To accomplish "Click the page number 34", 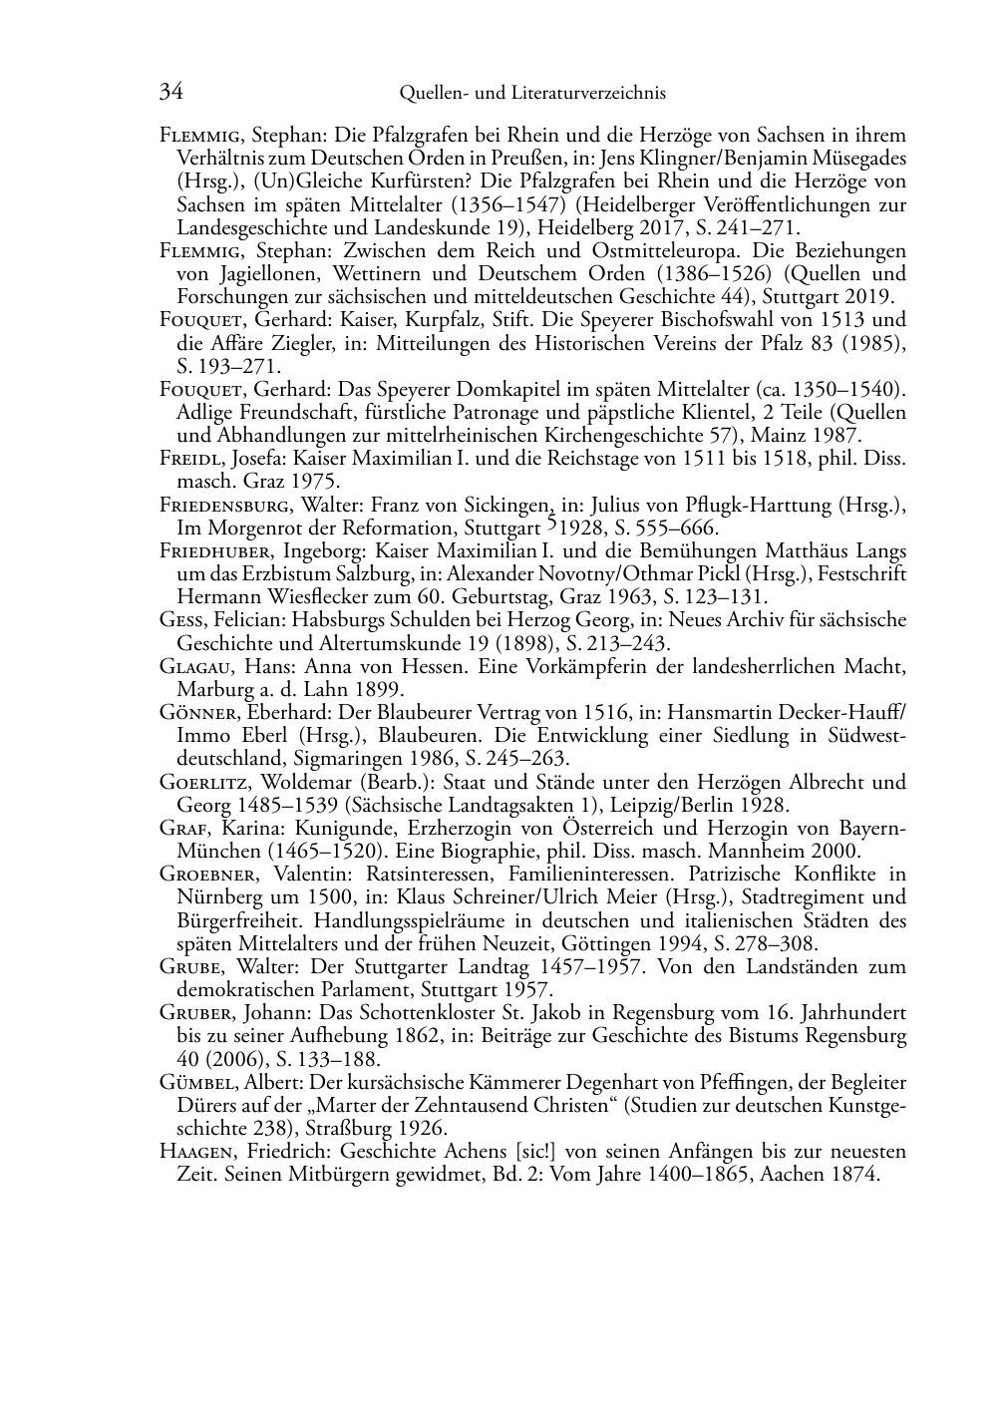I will click(x=170, y=93).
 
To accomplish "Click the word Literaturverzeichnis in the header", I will click(x=586, y=94).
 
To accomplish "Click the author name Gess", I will click(x=180, y=620).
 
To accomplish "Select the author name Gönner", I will click(x=196, y=713).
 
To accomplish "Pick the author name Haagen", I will click(x=195, y=1152).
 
